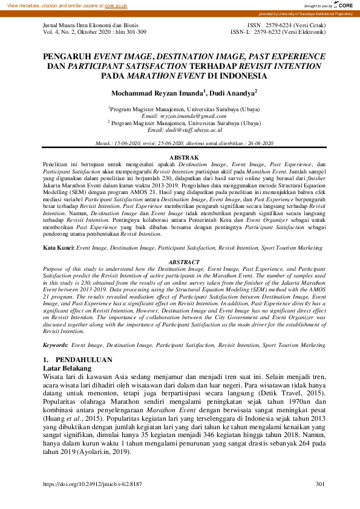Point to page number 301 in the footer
[319, 485]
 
